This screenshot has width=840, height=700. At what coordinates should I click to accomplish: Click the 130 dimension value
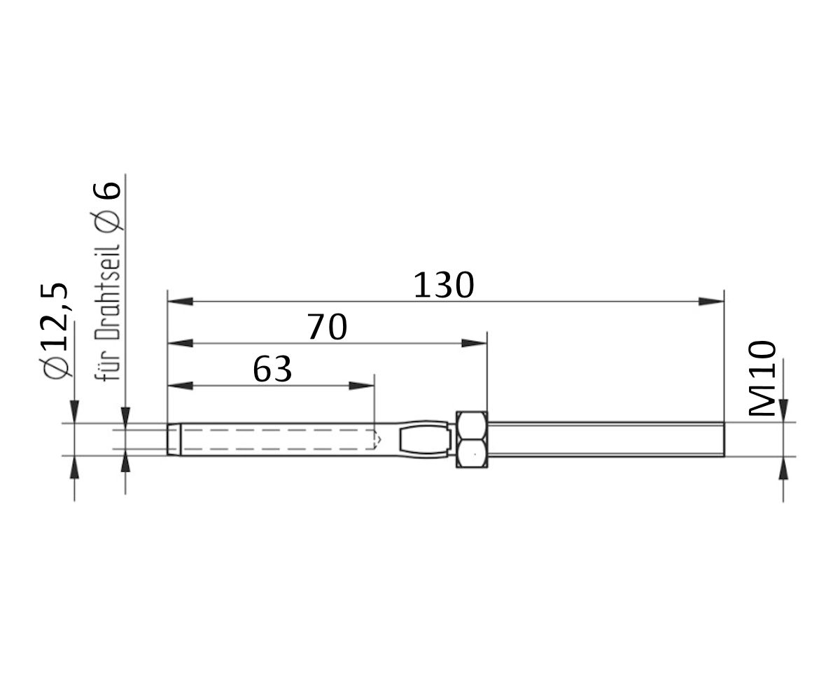coord(444,286)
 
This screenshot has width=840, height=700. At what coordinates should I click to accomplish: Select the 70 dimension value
coord(327,328)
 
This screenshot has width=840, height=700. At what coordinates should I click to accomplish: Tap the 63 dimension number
coord(272,370)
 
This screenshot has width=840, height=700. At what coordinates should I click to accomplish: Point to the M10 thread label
coord(762,379)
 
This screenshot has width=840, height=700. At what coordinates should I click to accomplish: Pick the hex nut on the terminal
coord(472,439)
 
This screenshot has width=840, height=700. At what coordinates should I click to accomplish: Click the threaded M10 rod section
coord(605,439)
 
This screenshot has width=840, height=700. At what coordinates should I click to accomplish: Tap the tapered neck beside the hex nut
coord(424,439)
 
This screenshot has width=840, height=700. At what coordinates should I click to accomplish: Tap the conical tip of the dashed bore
coord(379,440)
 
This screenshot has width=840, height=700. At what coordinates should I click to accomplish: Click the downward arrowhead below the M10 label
coord(783,409)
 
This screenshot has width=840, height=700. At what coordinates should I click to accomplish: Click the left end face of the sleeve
coord(169,439)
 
